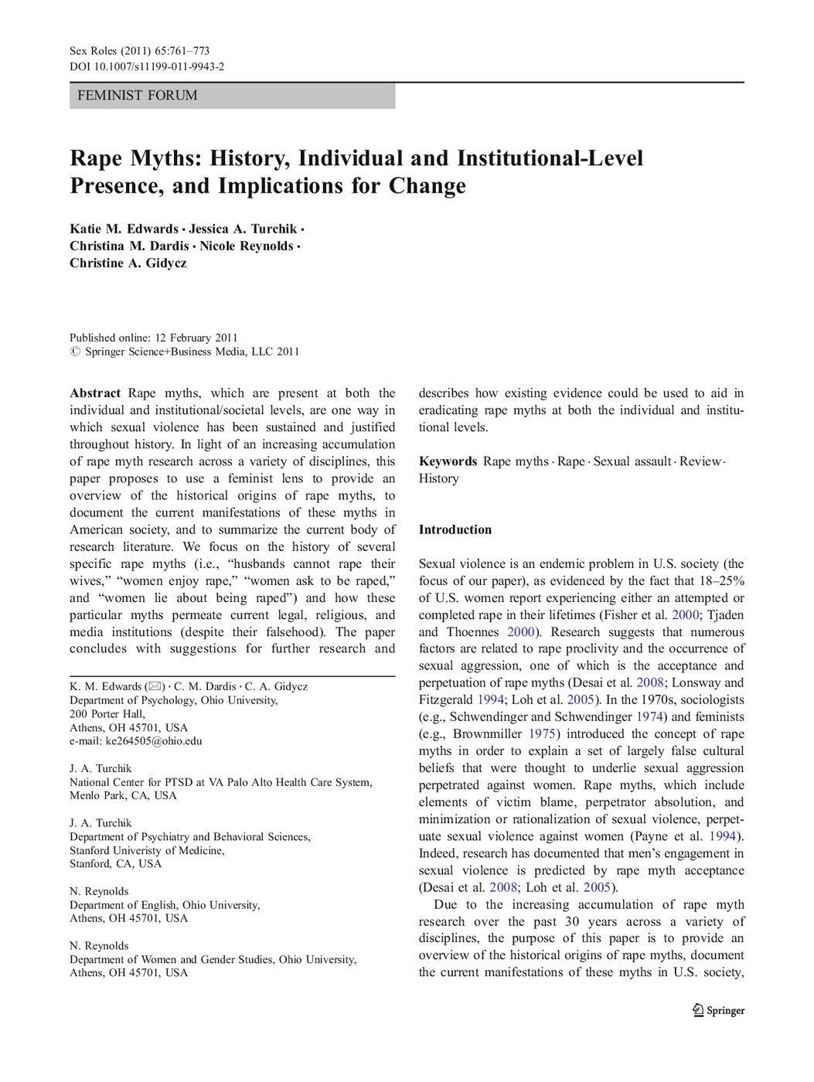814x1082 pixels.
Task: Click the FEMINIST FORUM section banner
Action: (232, 96)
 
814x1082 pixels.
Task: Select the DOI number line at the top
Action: (147, 67)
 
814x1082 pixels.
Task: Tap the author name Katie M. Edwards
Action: (124, 230)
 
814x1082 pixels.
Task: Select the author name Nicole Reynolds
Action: (247, 247)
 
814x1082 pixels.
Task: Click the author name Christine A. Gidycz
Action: (128, 264)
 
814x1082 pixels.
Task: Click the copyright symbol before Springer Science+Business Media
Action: (75, 352)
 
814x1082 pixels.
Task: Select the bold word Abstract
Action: (95, 393)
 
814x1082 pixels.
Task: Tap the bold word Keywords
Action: (448, 461)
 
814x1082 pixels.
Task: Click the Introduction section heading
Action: (455, 530)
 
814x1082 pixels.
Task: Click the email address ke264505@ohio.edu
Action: (154, 741)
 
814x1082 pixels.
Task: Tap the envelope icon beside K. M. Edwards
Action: (155, 686)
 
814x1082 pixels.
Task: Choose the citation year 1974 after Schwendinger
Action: (649, 717)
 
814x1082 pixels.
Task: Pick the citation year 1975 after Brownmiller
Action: (542, 734)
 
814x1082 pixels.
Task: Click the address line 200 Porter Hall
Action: (107, 714)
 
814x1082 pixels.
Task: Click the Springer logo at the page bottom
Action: (718, 1010)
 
